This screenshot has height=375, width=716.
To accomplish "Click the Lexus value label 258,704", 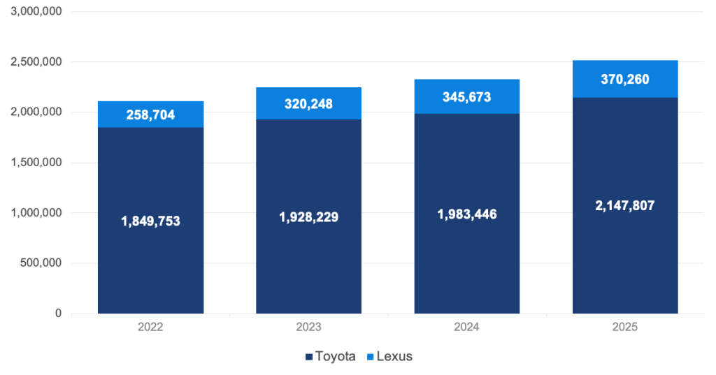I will tap(150, 115).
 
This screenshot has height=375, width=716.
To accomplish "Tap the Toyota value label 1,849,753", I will tap(150, 221).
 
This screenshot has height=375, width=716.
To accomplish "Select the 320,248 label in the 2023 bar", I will tap(308, 105).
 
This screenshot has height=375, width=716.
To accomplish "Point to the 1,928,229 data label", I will tap(308, 217).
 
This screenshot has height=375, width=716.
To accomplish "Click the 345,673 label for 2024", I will tap(467, 97).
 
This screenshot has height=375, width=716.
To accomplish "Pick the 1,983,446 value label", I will tap(467, 214).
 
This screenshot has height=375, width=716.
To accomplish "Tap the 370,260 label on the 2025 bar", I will tap(625, 80).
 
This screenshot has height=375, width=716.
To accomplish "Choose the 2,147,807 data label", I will tap(625, 206).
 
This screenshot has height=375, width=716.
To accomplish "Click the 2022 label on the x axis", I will tap(150, 327).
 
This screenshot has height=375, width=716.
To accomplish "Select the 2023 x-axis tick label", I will tap(308, 327).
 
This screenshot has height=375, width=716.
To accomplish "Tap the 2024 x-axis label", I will tap(467, 327).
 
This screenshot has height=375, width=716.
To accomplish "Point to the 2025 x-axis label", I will tap(625, 327).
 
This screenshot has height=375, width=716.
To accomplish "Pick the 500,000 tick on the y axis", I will tap(41, 263).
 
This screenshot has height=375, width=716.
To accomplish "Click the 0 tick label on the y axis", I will tap(59, 314).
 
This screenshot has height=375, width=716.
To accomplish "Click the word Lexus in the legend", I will tap(394, 357).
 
